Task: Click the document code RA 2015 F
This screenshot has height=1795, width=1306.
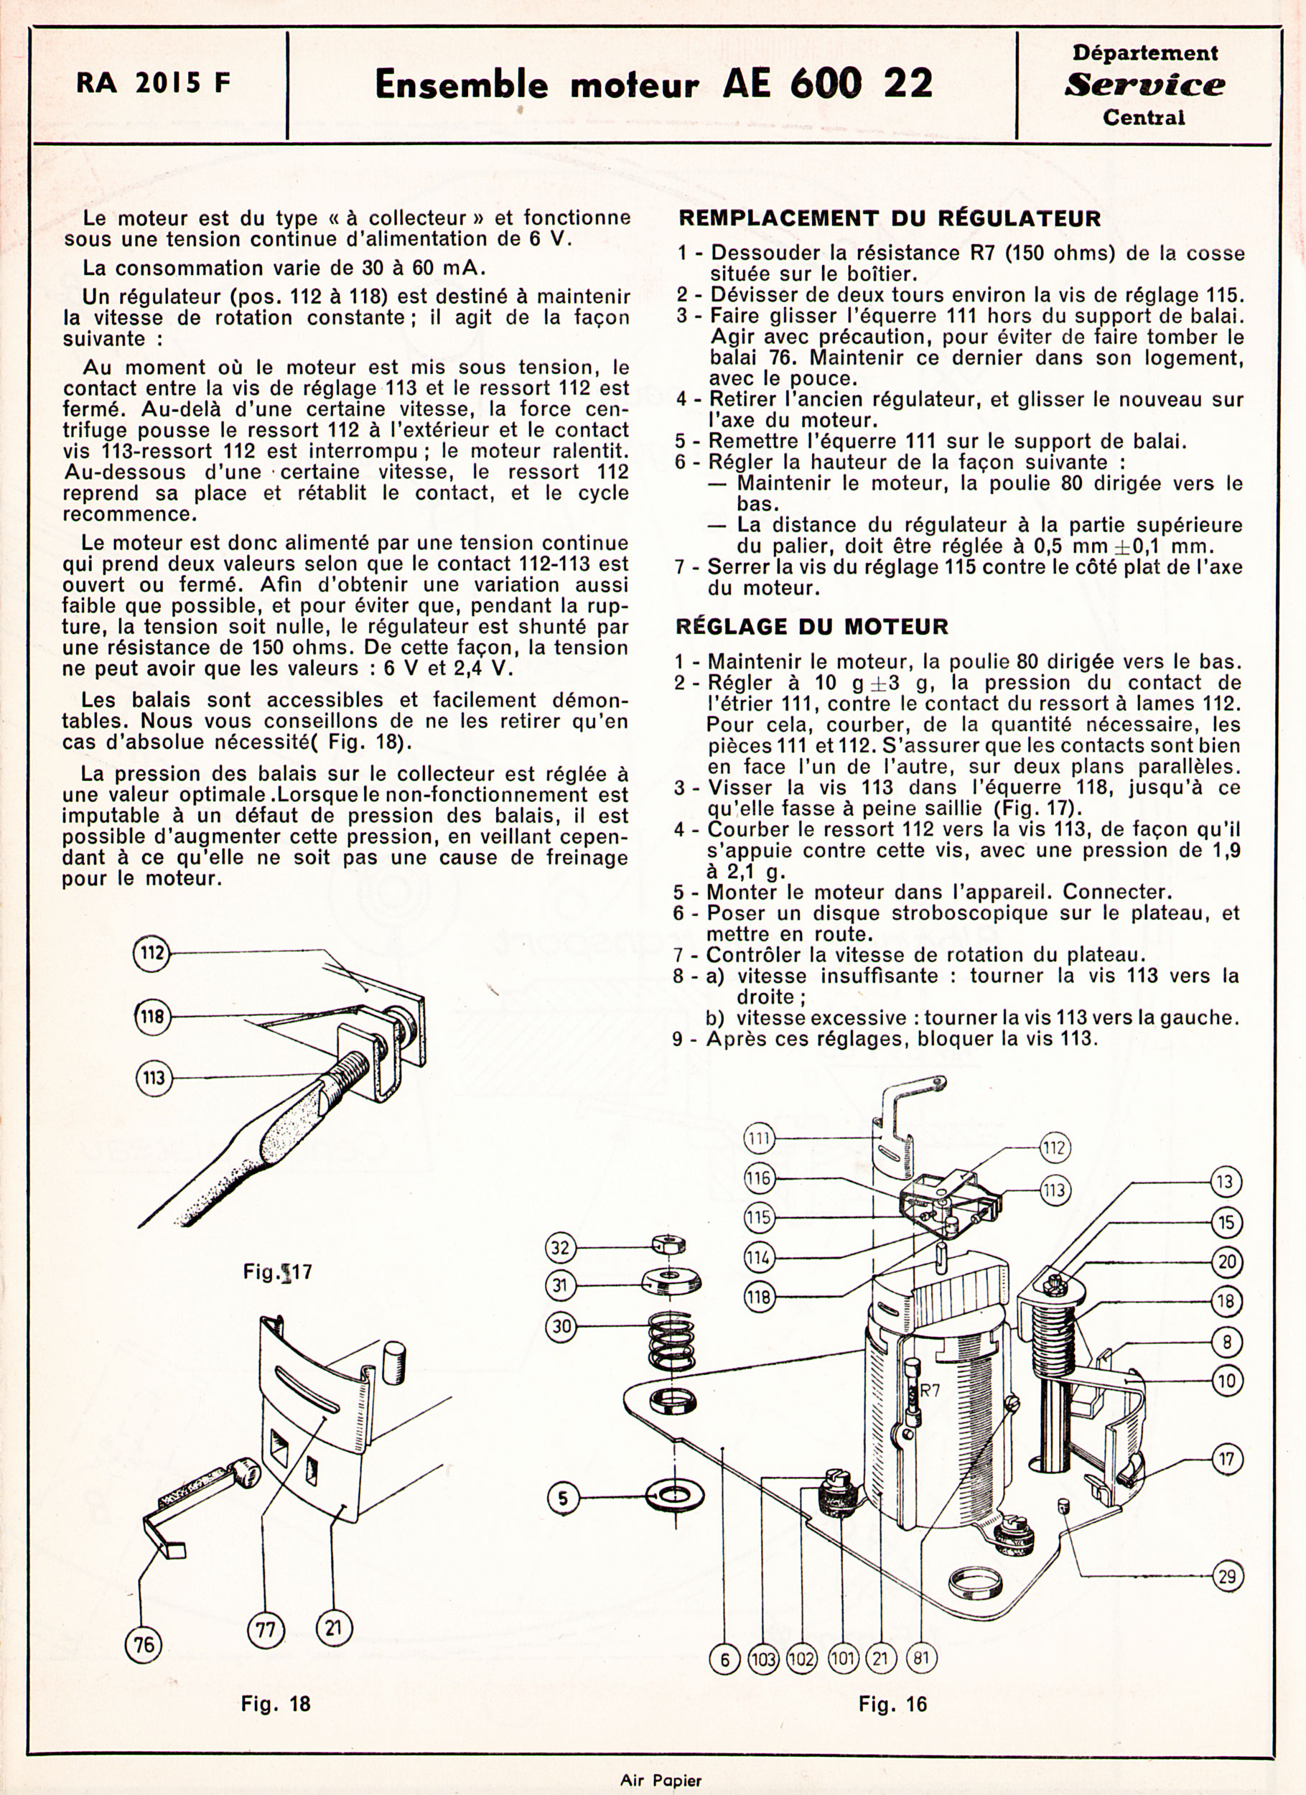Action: click(154, 83)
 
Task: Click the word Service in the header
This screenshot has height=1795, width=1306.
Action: click(1144, 85)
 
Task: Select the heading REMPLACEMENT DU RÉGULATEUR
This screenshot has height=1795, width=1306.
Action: click(890, 218)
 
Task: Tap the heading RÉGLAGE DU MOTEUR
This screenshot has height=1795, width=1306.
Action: click(811, 627)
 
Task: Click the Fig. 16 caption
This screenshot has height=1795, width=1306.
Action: click(892, 1704)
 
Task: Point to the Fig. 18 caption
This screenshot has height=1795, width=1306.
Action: click(276, 1703)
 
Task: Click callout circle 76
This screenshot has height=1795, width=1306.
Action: click(144, 1646)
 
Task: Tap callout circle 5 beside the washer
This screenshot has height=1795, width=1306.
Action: click(563, 1498)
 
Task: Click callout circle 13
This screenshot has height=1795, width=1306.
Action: click(1226, 1183)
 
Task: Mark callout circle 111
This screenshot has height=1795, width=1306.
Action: click(758, 1139)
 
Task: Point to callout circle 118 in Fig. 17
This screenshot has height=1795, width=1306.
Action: click(152, 1015)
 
